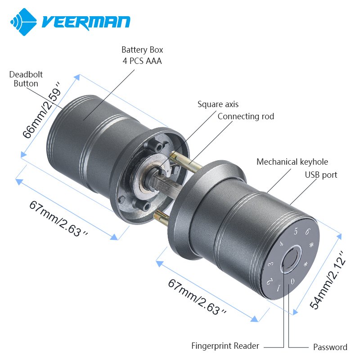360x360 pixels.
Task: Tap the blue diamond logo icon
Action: tap(23, 22)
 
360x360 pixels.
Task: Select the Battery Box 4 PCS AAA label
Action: tap(142, 55)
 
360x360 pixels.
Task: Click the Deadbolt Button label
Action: tap(26, 79)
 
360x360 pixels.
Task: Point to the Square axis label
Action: tap(218, 104)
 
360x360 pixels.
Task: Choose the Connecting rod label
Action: tap(246, 117)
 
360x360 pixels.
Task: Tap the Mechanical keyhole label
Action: tap(292, 162)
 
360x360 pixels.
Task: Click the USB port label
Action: tap(321, 175)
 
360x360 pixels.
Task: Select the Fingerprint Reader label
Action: tap(225, 346)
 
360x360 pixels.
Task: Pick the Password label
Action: tap(330, 347)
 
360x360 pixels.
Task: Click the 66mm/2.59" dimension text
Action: tap(42, 110)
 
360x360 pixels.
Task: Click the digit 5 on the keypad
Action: tap(296, 231)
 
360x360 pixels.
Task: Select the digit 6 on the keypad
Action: tap(307, 231)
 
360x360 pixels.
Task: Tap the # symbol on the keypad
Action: tap(311, 245)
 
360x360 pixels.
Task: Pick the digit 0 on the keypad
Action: tap(292, 281)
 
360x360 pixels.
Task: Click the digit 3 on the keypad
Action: tap(271, 264)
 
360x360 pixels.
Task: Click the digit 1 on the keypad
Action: tap(279, 288)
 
